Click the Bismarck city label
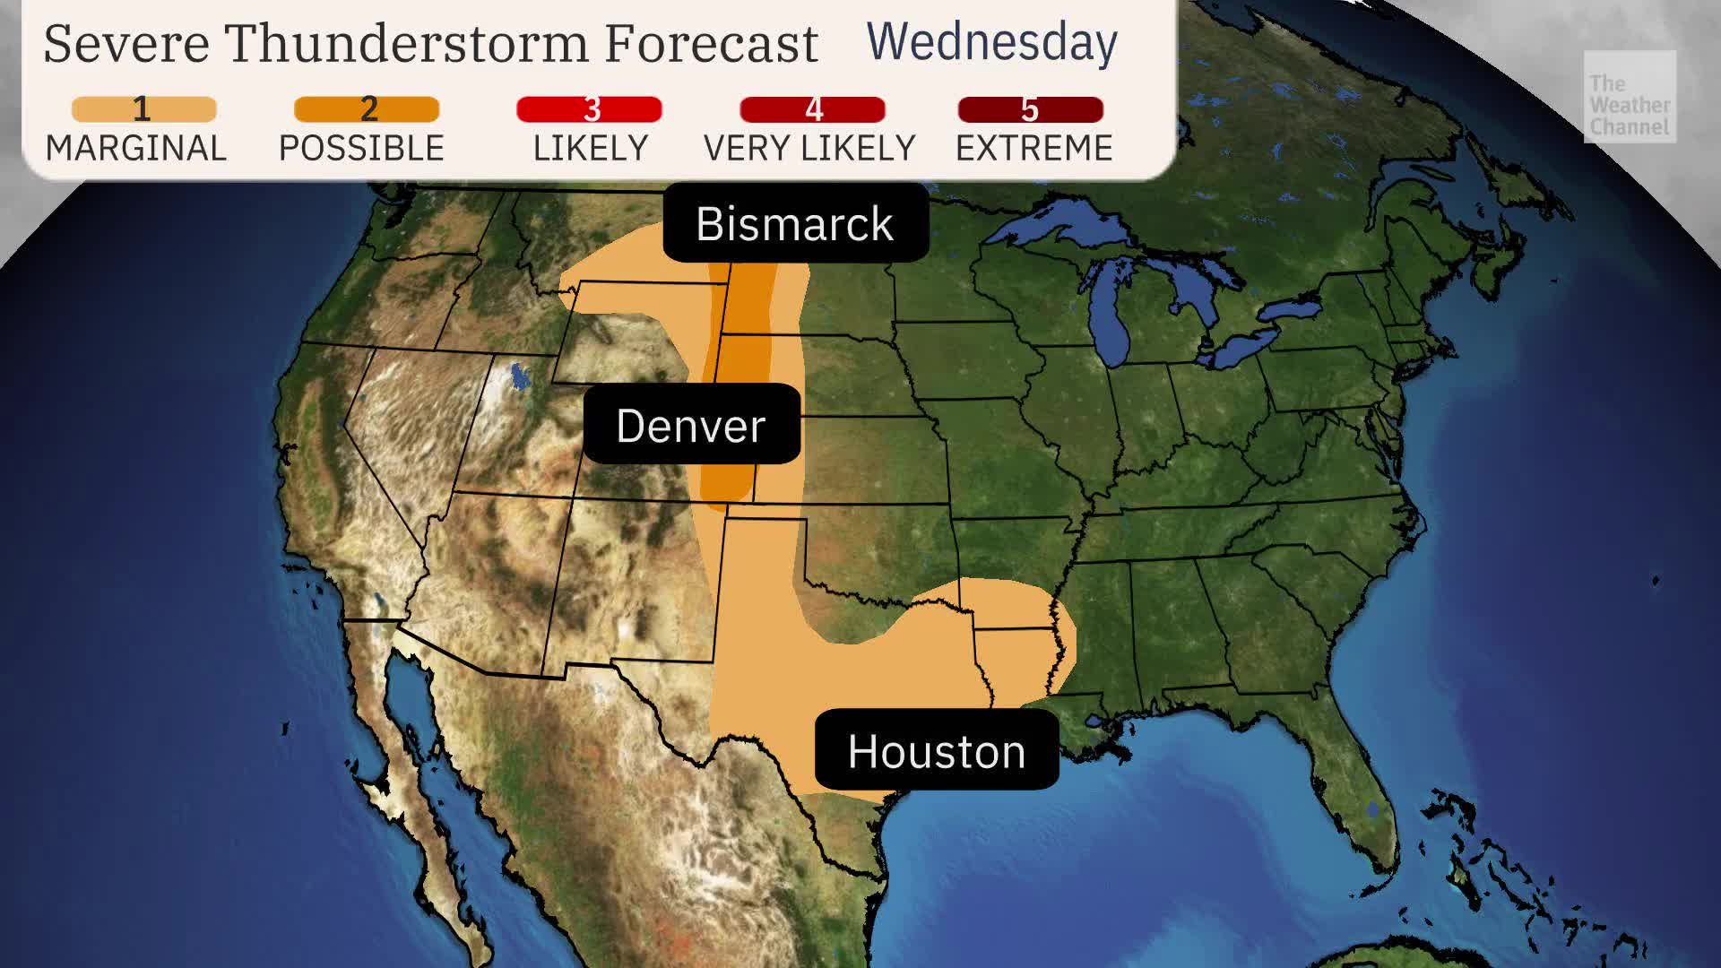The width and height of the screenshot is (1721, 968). pyautogui.click(x=795, y=223)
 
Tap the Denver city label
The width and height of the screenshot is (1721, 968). pyautogui.click(x=691, y=425)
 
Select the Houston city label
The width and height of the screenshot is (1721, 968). pyautogui.click(x=937, y=750)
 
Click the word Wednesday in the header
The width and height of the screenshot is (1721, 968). pyautogui.click(x=991, y=42)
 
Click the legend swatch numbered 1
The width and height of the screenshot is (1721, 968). pyautogui.click(x=143, y=109)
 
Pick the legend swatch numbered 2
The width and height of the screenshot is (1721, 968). pyautogui.click(x=367, y=109)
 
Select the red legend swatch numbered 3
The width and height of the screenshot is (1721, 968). pyautogui.click(x=589, y=109)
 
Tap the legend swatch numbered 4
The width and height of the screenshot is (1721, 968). pyautogui.click(x=812, y=109)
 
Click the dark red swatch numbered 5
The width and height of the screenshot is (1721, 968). pyautogui.click(x=1030, y=109)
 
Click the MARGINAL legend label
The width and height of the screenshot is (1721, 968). pyautogui.click(x=136, y=148)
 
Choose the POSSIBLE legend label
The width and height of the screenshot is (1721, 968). pyautogui.click(x=361, y=148)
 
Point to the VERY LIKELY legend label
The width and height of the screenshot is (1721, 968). pyautogui.click(x=809, y=148)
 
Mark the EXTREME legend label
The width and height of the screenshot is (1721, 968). pyautogui.click(x=1033, y=148)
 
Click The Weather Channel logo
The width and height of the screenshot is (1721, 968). pyautogui.click(x=1629, y=97)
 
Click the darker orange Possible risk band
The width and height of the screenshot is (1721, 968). pyautogui.click(x=744, y=376)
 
